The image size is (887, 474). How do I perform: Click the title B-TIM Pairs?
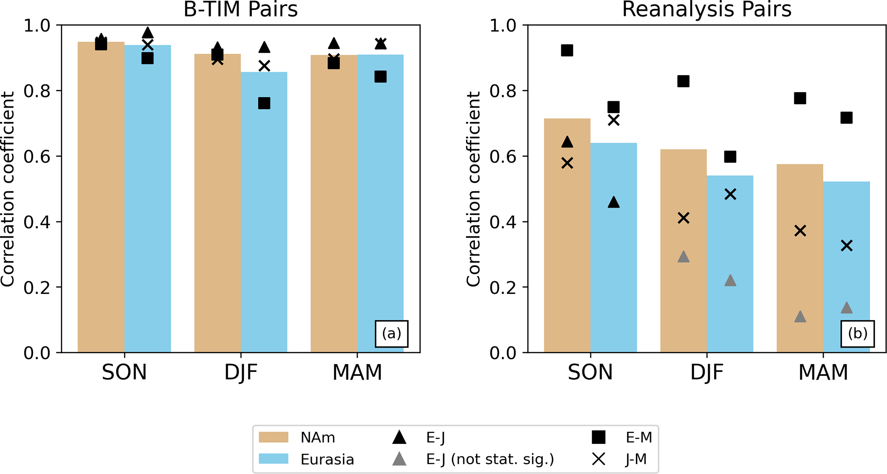click(x=240, y=9)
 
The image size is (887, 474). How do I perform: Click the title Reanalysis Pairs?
click(x=706, y=9)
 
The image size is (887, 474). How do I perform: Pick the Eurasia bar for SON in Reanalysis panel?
click(x=614, y=257)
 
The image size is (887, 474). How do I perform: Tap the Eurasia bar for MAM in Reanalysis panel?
click(x=846, y=279)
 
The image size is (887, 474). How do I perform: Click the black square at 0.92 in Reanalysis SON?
click(x=567, y=51)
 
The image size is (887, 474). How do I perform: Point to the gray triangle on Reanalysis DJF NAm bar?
click(x=684, y=257)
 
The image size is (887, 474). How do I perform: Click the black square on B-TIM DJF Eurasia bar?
click(x=264, y=103)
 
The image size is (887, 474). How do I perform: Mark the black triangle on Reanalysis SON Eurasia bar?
click(x=614, y=202)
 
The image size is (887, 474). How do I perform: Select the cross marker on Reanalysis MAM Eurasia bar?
click(x=846, y=246)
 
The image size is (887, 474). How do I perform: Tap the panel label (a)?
click(x=391, y=333)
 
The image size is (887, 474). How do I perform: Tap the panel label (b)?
click(x=857, y=333)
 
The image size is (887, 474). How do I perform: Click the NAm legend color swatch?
click(x=273, y=438)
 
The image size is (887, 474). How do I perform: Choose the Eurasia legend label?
click(x=327, y=460)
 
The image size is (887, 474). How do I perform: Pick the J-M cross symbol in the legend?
click(x=599, y=460)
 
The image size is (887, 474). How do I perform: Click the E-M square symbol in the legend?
click(x=599, y=438)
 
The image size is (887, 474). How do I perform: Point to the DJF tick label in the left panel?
click(x=241, y=373)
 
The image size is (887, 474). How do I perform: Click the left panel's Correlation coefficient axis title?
click(x=8, y=189)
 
